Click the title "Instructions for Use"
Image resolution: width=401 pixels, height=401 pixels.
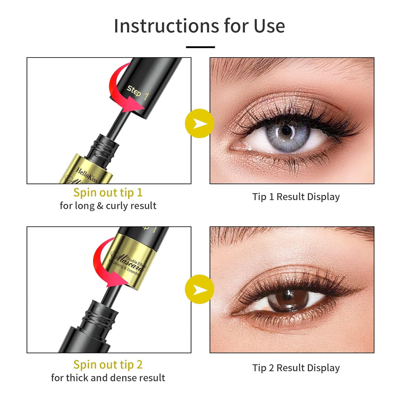click(199, 26)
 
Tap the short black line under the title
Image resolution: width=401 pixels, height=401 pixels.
click(200, 47)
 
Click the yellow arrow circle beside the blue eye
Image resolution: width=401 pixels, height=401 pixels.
click(200, 123)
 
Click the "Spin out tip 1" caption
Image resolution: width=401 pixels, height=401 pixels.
click(108, 193)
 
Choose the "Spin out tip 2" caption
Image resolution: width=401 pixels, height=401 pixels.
click(108, 365)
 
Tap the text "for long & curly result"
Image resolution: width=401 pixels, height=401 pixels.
click(108, 206)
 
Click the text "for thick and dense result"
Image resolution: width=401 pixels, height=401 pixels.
click(108, 378)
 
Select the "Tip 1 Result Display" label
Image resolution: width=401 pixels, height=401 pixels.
click(296, 197)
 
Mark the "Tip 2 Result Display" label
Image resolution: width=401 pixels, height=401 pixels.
click(296, 368)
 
